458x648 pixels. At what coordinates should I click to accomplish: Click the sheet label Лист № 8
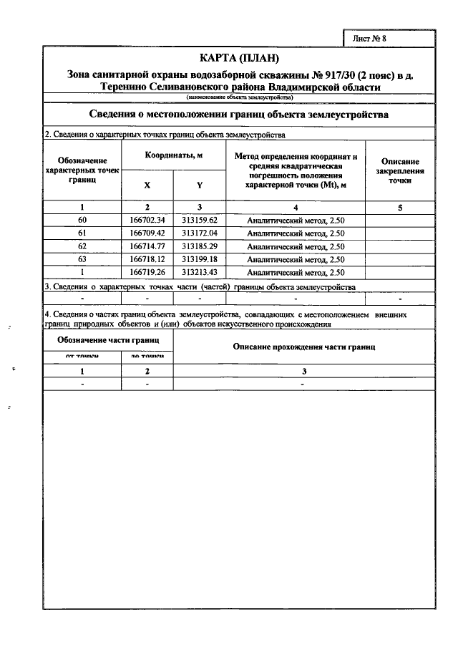[x=369, y=39]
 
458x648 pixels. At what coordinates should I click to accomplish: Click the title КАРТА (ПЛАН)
[x=238, y=58]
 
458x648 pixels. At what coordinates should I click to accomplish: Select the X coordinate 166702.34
[x=147, y=221]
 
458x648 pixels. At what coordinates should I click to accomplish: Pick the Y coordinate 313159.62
[x=199, y=221]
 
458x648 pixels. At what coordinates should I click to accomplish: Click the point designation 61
[x=82, y=233]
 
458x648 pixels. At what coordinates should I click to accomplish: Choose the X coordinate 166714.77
[x=147, y=246]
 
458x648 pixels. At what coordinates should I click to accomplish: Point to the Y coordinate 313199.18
[x=199, y=259]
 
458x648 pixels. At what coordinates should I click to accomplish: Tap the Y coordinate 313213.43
[x=199, y=273]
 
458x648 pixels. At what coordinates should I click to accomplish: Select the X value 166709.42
[x=147, y=233]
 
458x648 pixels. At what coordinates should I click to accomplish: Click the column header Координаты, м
[x=173, y=155]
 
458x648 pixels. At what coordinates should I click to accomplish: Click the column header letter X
[x=147, y=185]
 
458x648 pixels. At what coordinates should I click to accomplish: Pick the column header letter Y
[x=199, y=185]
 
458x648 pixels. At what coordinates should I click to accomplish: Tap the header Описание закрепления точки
[x=400, y=172]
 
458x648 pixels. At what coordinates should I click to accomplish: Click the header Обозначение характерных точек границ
[x=83, y=172]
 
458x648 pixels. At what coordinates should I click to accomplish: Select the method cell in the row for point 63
[x=296, y=259]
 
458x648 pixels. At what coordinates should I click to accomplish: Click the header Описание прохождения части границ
[x=304, y=347]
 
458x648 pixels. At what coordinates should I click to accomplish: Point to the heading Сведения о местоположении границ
[x=238, y=115]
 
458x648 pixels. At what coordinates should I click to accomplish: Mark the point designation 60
[x=82, y=221]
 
